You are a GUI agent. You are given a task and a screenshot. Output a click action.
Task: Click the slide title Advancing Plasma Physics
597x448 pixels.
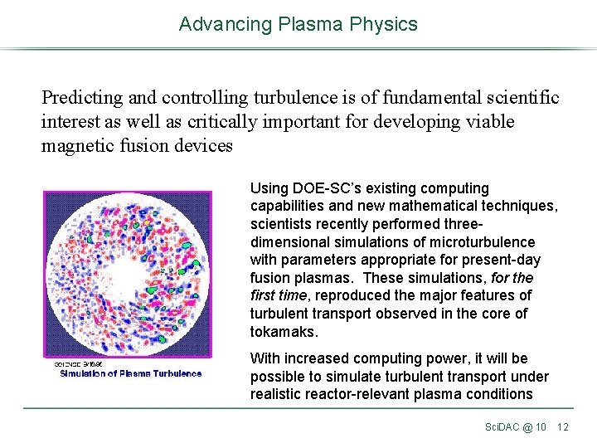pyautogui.click(x=298, y=24)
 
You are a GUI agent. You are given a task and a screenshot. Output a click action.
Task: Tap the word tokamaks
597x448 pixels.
pyautogui.click(x=282, y=332)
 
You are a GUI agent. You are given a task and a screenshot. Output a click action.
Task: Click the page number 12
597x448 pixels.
pyautogui.click(x=563, y=427)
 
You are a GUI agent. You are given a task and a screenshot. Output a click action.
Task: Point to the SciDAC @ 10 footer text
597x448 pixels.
pyautogui.click(x=515, y=427)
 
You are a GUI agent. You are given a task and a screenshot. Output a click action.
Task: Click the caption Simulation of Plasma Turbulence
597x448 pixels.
pyautogui.click(x=130, y=373)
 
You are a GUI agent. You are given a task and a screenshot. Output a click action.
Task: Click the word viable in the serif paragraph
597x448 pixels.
pyautogui.click(x=484, y=122)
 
